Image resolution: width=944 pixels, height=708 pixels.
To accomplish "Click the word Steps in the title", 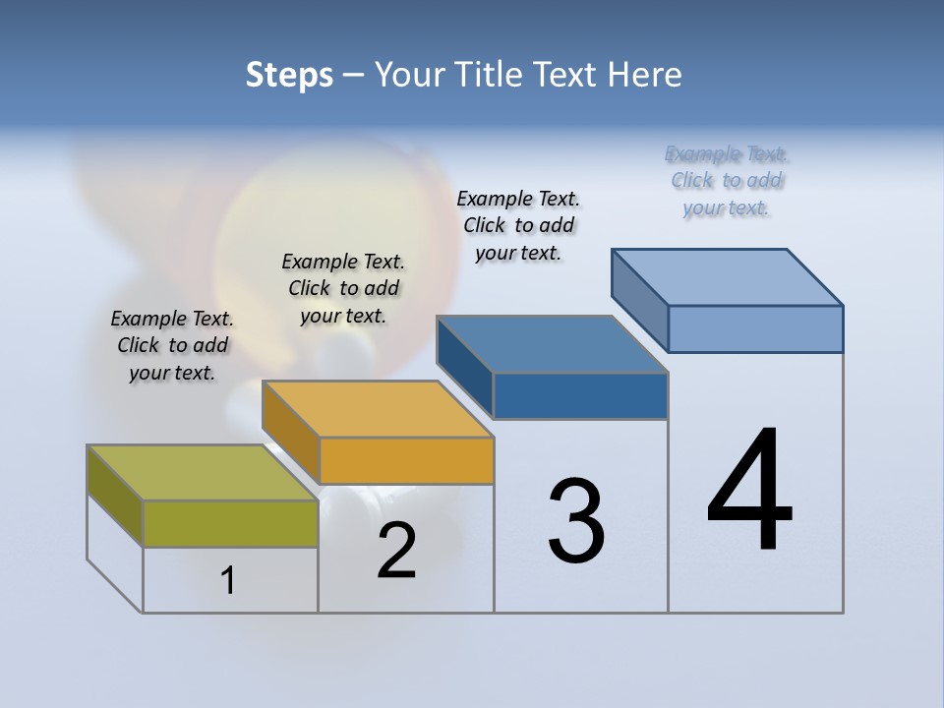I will click(289, 75).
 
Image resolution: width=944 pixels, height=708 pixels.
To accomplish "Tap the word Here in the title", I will click(645, 75).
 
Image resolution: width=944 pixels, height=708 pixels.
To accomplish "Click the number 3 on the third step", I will click(576, 521).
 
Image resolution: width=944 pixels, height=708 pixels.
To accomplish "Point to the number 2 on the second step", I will click(396, 551).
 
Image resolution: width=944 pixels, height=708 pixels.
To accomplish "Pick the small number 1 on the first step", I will click(228, 580).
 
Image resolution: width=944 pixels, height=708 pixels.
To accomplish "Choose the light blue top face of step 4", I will click(727, 276).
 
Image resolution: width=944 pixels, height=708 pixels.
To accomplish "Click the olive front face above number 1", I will click(230, 523).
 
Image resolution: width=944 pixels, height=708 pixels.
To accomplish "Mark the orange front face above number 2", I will click(406, 460).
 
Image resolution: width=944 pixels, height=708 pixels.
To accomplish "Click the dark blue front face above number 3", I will click(580, 395).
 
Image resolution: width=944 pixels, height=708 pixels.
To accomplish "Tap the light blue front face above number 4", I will click(755, 328).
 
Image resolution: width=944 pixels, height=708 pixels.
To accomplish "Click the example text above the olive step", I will click(172, 345).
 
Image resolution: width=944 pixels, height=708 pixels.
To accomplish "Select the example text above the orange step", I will click(343, 288).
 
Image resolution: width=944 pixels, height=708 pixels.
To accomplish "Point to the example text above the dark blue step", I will click(518, 225).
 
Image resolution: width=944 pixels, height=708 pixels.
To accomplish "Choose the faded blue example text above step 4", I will click(727, 181).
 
